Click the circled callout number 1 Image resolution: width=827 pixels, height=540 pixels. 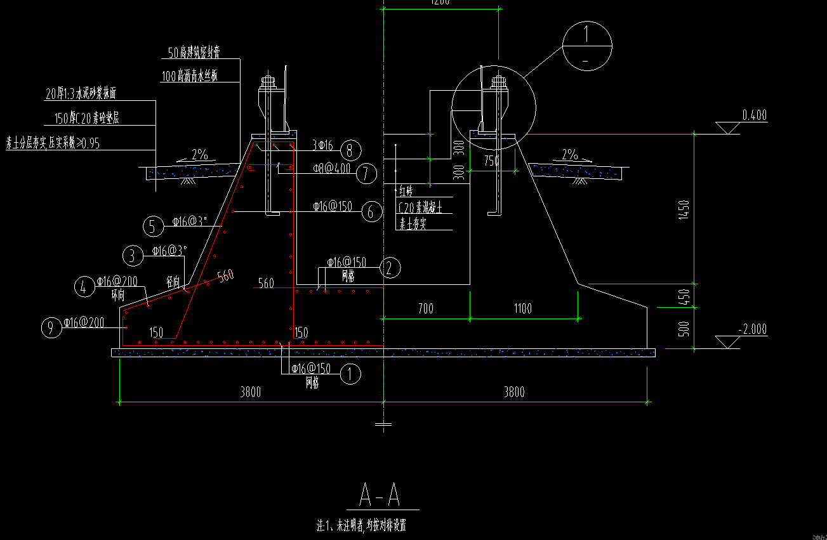[350, 374]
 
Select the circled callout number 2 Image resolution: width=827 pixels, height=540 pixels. [390, 268]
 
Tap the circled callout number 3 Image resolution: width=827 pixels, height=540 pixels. [133, 256]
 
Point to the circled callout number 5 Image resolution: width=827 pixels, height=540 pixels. [153, 226]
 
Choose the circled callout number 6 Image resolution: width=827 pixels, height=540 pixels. [371, 211]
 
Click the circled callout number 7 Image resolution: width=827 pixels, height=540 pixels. [366, 173]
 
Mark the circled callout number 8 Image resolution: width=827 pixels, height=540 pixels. [350, 150]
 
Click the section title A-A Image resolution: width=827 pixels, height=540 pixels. [380, 494]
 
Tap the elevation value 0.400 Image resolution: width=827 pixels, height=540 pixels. [755, 115]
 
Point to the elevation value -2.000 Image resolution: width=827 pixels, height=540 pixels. [753, 329]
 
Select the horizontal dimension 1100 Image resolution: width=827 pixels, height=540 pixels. [524, 309]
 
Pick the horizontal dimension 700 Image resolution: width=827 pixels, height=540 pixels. [426, 309]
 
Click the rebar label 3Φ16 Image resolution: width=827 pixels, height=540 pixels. [322, 146]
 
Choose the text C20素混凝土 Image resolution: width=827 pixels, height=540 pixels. [420, 207]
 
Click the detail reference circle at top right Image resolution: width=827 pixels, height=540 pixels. [588, 44]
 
